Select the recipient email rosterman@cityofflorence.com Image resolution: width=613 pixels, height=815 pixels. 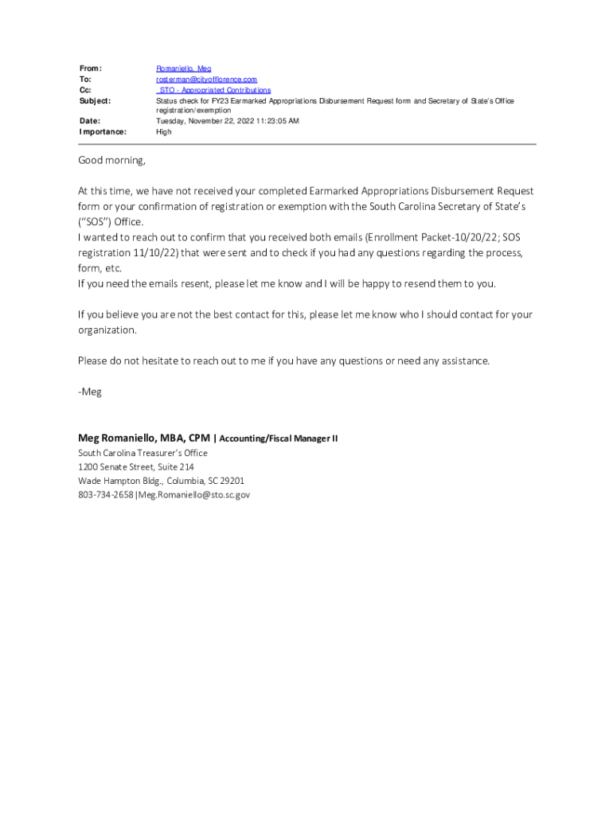click(206, 80)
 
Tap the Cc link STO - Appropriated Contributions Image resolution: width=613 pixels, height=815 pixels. click(213, 90)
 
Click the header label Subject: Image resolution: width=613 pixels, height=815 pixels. click(95, 101)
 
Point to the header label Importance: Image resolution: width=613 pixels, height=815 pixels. click(103, 131)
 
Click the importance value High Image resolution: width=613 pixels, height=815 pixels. click(163, 131)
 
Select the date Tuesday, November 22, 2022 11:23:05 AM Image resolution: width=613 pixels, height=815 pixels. click(227, 121)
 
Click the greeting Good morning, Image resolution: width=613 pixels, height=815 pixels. click(111, 161)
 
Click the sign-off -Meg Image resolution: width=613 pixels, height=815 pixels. click(90, 392)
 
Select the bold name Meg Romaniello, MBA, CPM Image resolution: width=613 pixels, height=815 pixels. click(144, 438)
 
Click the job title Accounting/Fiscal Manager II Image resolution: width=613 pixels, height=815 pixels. click(279, 439)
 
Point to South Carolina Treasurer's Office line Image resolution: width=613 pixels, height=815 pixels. click(143, 453)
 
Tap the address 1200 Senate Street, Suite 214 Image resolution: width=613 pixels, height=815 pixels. click(135, 467)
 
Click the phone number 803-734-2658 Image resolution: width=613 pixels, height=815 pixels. click(106, 495)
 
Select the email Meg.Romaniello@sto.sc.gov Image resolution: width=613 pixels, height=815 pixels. click(193, 495)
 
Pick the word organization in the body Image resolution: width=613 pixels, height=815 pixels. click(107, 330)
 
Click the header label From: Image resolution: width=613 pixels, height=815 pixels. click(91, 69)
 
